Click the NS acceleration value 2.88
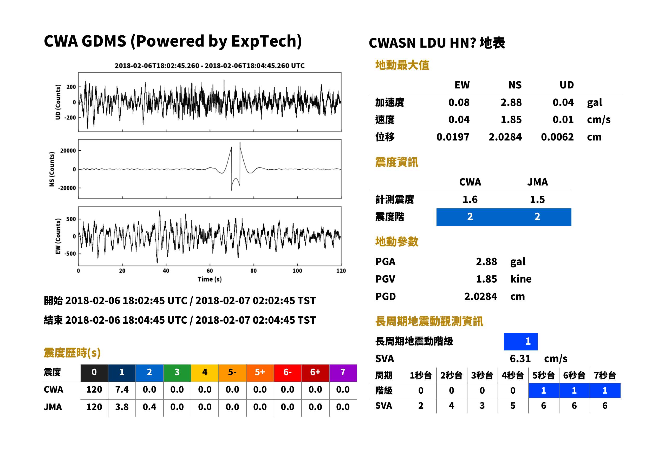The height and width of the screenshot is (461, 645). tap(511, 103)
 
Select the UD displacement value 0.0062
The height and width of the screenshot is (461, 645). tap(557, 137)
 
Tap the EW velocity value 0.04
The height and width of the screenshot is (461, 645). tap(459, 119)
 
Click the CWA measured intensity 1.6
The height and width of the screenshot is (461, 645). tap(470, 200)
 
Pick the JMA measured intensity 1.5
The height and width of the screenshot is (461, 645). tap(537, 200)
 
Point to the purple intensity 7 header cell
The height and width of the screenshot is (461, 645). tap(343, 373)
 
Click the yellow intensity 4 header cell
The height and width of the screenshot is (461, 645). tap(205, 373)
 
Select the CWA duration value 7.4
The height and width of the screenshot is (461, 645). tap(122, 390)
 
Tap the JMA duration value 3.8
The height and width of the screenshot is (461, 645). tap(122, 407)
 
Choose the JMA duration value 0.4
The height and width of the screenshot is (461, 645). tap(149, 407)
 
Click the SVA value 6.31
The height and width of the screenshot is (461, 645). tap(520, 359)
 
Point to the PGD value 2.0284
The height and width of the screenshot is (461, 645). tap(480, 297)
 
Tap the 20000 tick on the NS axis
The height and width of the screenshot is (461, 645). tap(68, 151)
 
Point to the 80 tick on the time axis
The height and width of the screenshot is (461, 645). tap(253, 271)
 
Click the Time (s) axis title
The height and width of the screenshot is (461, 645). tap(210, 279)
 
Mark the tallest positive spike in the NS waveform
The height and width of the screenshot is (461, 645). tap(240, 143)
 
